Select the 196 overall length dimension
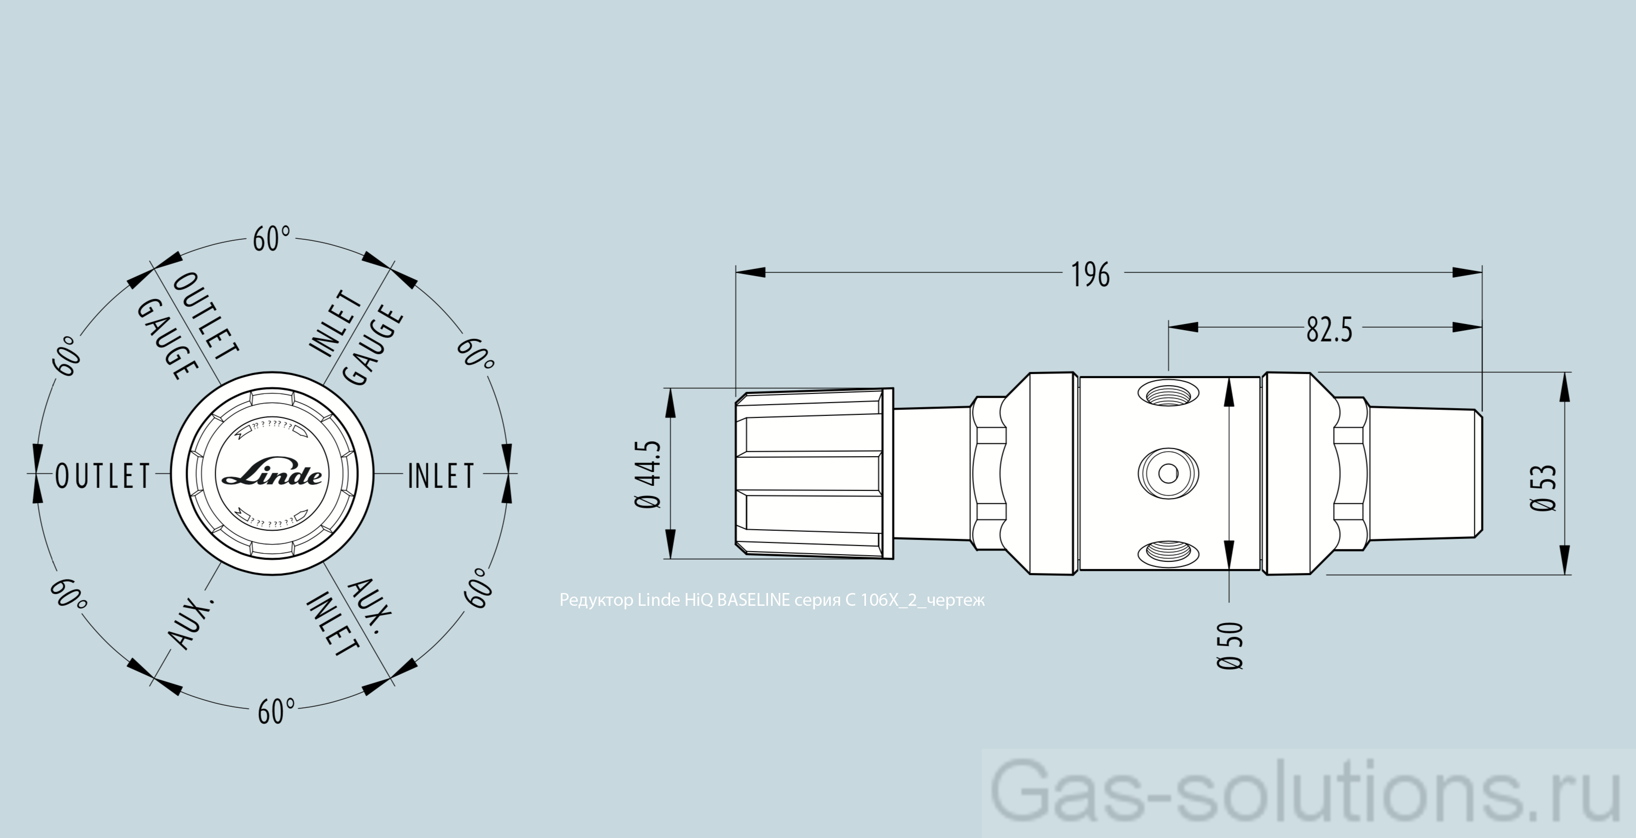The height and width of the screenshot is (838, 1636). click(1090, 275)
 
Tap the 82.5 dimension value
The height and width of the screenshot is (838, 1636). click(1328, 330)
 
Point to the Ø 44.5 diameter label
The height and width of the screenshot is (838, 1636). click(648, 475)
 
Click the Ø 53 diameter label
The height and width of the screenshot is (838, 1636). click(1544, 488)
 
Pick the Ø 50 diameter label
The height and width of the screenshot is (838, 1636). click(1230, 646)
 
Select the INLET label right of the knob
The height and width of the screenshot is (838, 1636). click(441, 476)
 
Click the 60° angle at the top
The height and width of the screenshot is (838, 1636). click(271, 239)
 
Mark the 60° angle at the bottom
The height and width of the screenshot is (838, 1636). click(275, 711)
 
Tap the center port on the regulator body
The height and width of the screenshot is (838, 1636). click(1167, 473)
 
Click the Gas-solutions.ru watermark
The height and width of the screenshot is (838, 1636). click(1307, 794)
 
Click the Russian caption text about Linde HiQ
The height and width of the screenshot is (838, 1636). click(772, 600)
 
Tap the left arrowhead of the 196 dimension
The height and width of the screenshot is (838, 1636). click(751, 273)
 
